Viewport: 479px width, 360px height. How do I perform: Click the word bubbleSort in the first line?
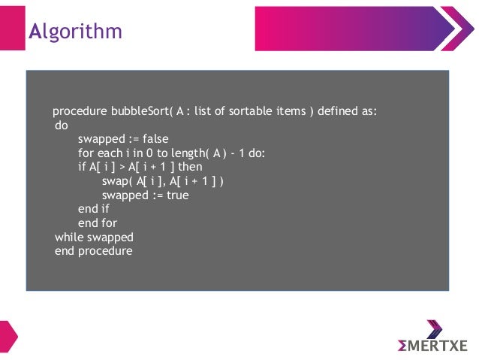[140, 113]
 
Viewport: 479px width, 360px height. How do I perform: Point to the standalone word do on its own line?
[62, 126]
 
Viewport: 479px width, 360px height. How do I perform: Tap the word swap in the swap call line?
[115, 182]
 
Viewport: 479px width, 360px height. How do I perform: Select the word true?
[176, 195]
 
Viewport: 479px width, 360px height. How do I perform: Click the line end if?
[93, 210]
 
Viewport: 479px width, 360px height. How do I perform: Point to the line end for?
[96, 223]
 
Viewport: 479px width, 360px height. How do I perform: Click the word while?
[69, 237]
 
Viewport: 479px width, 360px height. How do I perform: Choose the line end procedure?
[93, 251]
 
